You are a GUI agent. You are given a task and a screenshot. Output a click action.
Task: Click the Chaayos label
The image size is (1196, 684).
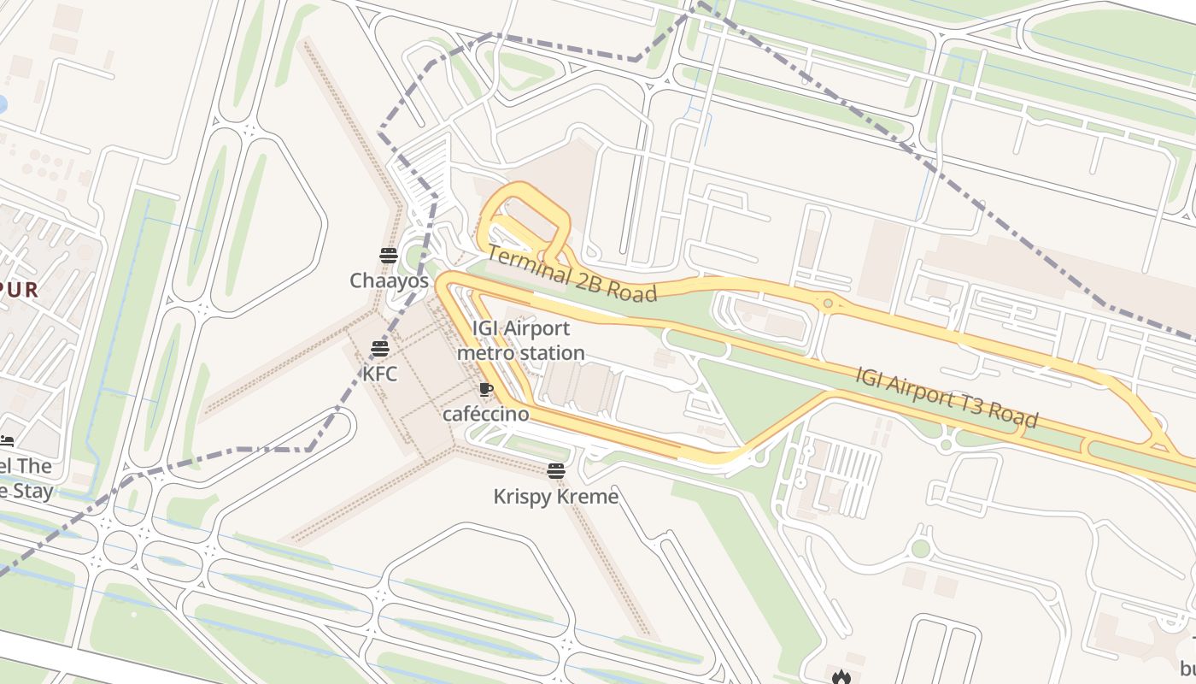389,280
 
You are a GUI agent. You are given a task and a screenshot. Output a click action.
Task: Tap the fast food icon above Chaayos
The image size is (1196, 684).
389,255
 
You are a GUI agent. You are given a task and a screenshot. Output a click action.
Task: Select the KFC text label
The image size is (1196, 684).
379,374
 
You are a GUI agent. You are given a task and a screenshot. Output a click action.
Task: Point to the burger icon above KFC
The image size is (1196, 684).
380,348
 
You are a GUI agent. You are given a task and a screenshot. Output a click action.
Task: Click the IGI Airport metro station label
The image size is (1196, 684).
520,340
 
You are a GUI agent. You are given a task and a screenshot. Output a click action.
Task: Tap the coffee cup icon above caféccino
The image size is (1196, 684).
486,390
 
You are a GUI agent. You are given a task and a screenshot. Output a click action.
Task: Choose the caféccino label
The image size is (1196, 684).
485,414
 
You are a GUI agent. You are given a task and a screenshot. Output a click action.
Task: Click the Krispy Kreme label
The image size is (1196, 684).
555,496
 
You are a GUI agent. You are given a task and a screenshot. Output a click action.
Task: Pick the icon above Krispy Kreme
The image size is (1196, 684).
556,470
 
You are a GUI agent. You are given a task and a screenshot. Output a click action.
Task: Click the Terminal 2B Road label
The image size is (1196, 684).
572,274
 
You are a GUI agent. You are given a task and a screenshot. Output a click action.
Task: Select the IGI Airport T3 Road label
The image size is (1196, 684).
947,396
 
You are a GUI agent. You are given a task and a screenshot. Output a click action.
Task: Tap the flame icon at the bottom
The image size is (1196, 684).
841,677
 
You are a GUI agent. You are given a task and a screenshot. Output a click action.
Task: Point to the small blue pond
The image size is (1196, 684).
2,104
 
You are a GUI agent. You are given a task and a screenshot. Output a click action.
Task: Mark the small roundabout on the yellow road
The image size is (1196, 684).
827,303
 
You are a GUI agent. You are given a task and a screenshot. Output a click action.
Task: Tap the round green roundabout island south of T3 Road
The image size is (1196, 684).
920,548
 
